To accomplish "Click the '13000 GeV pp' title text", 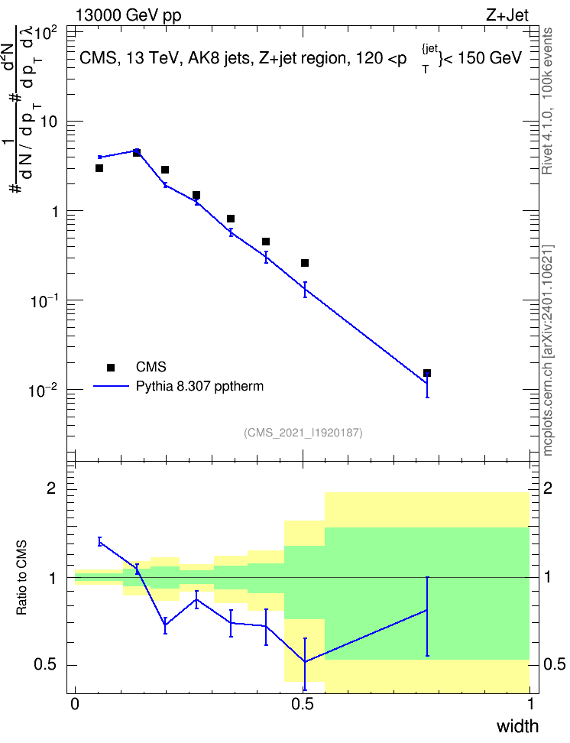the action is coord(128,15).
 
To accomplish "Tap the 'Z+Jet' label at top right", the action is coord(507,15).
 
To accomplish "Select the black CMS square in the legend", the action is coord(111,367).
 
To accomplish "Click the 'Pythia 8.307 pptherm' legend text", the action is coord(199,386).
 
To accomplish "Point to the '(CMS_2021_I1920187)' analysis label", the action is coord(303,432).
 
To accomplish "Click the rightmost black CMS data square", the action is coord(427,373).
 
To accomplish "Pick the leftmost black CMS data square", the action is coord(99,168).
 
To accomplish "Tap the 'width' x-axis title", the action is coord(517,726).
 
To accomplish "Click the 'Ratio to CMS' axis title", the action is coord(21,577).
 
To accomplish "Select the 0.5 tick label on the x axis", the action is coord(303,704).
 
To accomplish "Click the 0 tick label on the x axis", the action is coord(75,704).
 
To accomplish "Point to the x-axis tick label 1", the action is coord(530,704).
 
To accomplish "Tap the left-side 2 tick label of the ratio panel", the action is coord(51,488).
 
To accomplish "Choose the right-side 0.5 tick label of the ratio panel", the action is coord(555,664).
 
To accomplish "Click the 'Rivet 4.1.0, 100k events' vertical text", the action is coord(547,102).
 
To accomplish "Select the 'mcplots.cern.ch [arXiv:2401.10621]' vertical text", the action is coord(548,351).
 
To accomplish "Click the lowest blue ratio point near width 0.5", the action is coord(305,661).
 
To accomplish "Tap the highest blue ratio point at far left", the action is coord(99,542).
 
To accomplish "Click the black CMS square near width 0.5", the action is coord(305,263).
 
